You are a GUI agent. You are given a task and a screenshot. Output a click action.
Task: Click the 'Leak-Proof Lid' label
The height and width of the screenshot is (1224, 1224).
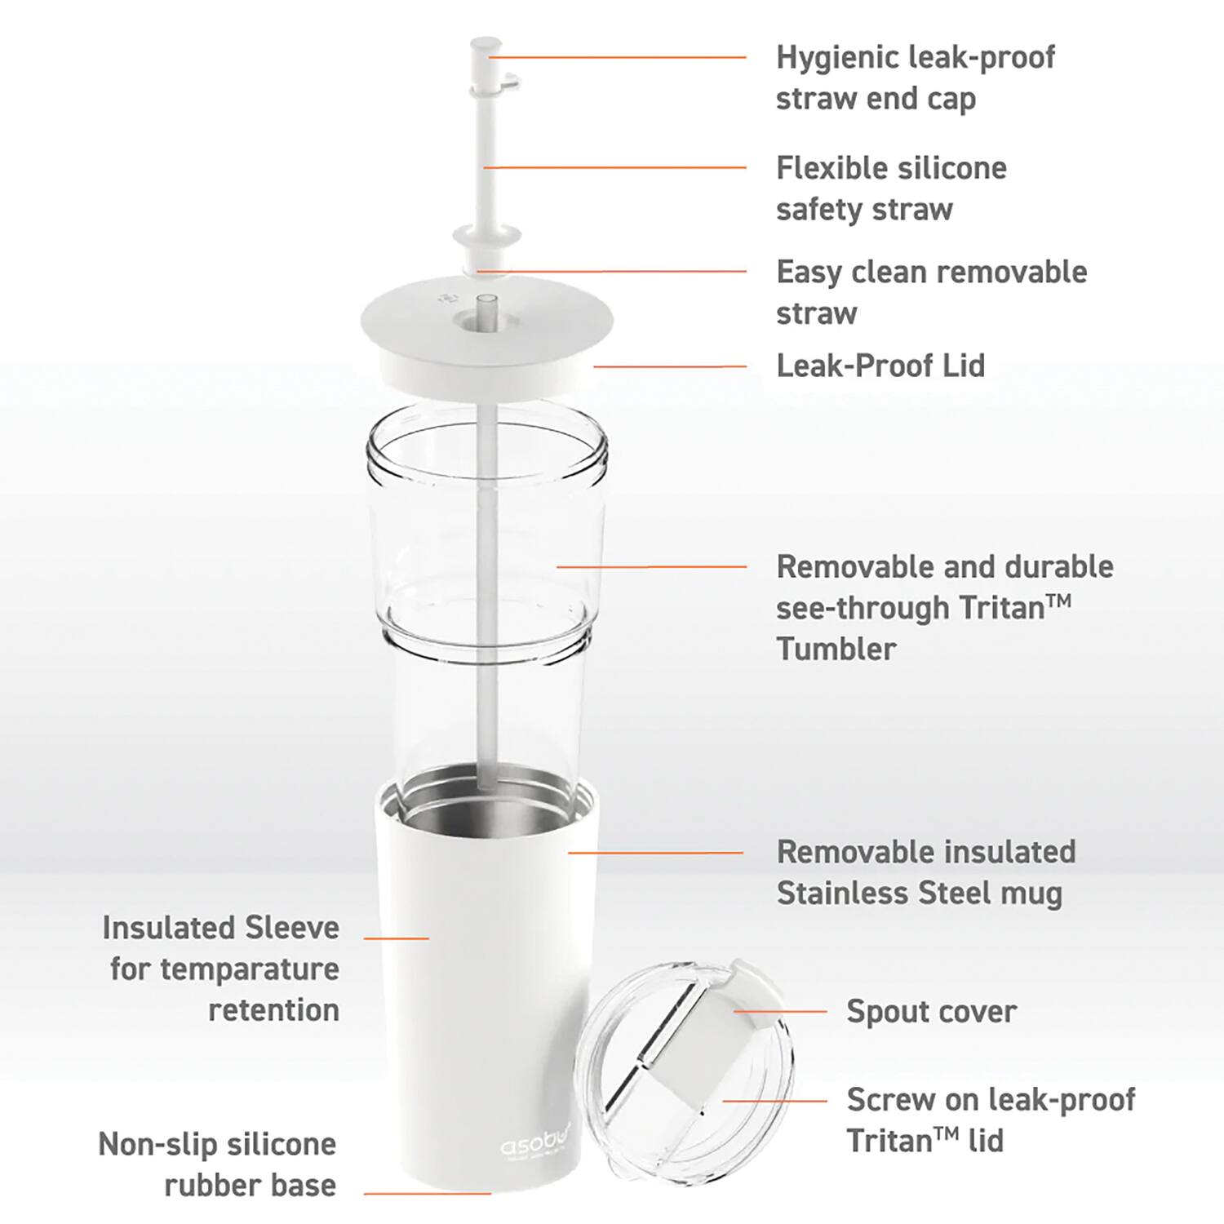(880, 366)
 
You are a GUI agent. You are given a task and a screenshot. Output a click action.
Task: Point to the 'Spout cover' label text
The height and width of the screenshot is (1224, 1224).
(931, 1011)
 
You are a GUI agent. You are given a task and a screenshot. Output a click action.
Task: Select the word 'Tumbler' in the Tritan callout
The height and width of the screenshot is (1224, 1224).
(836, 649)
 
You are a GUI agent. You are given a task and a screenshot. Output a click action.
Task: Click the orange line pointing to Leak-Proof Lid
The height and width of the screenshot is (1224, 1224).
(669, 366)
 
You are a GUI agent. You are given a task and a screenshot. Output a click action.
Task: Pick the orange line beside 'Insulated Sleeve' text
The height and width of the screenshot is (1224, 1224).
(396, 938)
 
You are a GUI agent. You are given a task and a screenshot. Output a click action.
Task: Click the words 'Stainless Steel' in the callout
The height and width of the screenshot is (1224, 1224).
(867, 893)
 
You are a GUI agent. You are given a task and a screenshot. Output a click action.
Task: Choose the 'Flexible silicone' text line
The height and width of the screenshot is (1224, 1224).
(891, 168)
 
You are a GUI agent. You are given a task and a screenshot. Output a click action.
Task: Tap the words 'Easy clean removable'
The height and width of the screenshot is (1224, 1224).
(931, 272)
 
